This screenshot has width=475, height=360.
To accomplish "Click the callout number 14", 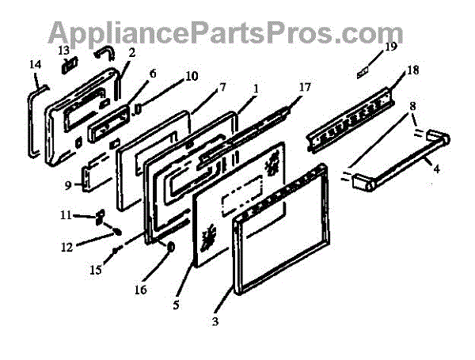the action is pyautogui.click(x=33, y=64).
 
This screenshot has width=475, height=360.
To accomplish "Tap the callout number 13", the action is pyautogui.click(x=63, y=50).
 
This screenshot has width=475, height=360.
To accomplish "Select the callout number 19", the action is pyautogui.click(x=390, y=48).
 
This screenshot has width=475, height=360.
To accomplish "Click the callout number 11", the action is pyautogui.click(x=66, y=214).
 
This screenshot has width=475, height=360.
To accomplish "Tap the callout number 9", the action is pyautogui.click(x=69, y=185).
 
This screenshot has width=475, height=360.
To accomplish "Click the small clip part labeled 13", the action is pyautogui.click(x=69, y=63).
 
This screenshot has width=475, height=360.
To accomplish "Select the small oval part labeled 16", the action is pyautogui.click(x=169, y=249).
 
